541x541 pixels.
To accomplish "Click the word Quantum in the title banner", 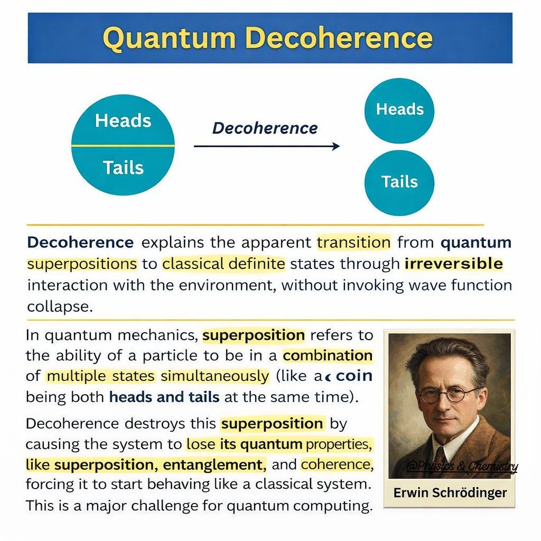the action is click(x=170, y=38).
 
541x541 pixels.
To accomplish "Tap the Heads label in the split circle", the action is click(x=123, y=121).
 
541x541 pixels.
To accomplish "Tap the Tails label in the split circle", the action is click(x=123, y=167).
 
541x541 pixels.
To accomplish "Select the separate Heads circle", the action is click(x=399, y=110).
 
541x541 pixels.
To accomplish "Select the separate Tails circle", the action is click(x=399, y=183).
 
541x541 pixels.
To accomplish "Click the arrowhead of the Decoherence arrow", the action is click(x=336, y=146).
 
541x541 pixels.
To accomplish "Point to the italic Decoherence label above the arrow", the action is click(x=265, y=128).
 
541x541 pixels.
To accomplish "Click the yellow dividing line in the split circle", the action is click(x=123, y=146).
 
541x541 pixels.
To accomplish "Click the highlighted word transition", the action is click(x=353, y=242).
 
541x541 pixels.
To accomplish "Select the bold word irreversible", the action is click(x=454, y=264).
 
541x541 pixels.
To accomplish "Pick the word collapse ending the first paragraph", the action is click(x=60, y=307).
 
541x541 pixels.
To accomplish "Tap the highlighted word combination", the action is click(x=328, y=356).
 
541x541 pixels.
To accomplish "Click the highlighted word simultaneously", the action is click(x=214, y=376).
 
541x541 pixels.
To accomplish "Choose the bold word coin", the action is click(x=355, y=376).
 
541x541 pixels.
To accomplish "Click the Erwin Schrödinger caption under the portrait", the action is click(x=450, y=493).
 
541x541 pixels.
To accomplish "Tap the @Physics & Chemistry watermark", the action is click(x=462, y=467).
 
